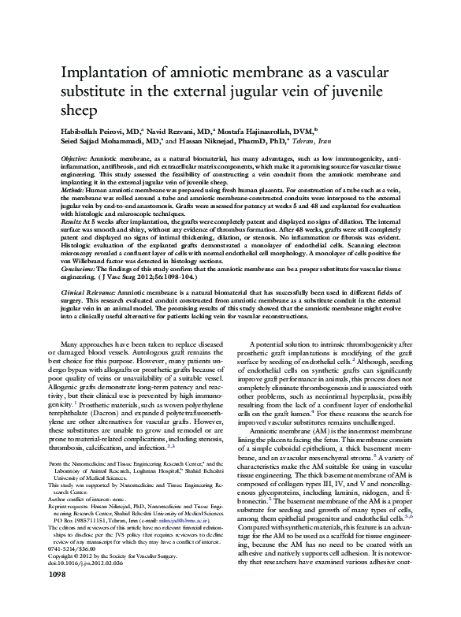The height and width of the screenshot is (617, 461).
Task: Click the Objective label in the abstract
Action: [73, 159]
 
